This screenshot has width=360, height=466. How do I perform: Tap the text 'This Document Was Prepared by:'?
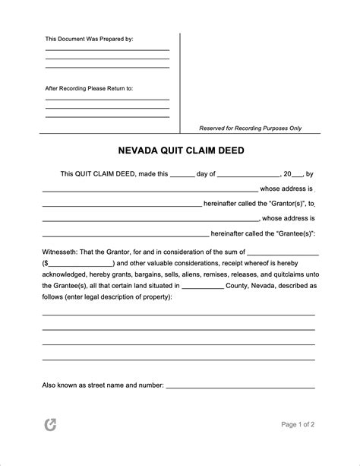90,38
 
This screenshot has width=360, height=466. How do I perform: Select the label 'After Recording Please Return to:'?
89,88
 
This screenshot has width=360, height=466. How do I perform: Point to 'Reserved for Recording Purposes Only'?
250,128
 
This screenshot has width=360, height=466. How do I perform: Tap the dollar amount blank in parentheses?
80,263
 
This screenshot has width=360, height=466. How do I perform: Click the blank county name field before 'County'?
203,287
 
